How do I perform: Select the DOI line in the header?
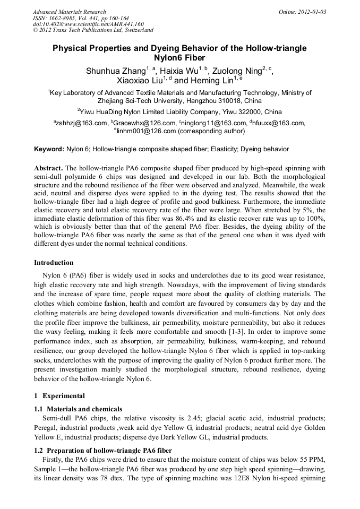[x=88, y=24]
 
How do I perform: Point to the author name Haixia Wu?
[x=178, y=71]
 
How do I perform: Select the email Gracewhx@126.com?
[x=135, y=124]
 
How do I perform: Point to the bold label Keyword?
[x=49, y=150]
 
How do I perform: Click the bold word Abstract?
[x=48, y=168]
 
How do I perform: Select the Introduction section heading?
[x=54, y=263]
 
